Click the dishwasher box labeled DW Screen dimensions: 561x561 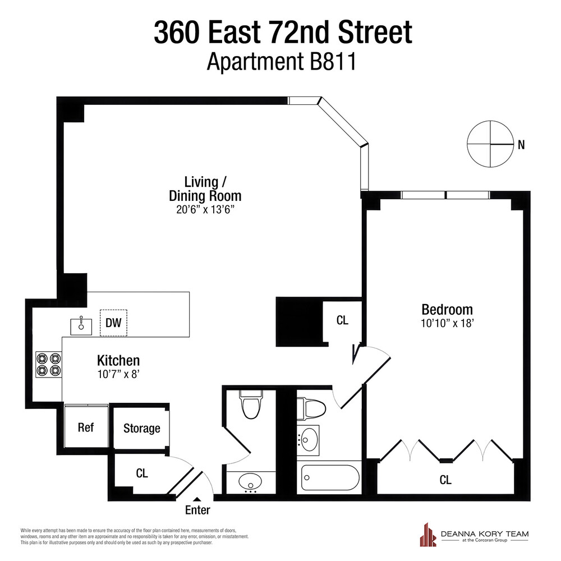(x=113, y=323)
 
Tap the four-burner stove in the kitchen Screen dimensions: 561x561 (x=48, y=364)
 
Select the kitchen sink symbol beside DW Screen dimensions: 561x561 (x=81, y=325)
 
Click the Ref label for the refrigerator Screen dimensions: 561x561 (x=85, y=427)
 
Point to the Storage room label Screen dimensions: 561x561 (x=141, y=429)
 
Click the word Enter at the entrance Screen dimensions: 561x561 (x=197, y=510)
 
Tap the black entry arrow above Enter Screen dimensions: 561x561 (x=197, y=500)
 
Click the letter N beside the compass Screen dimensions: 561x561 (x=521, y=145)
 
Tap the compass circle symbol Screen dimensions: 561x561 (x=490, y=144)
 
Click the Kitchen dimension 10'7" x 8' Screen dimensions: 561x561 (x=118, y=373)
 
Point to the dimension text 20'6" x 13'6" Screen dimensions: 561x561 (x=205, y=210)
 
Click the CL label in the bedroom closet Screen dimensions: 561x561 (x=446, y=480)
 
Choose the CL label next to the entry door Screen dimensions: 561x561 (x=142, y=473)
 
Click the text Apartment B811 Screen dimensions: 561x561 (x=282, y=61)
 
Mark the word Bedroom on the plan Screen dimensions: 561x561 (x=447, y=309)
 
